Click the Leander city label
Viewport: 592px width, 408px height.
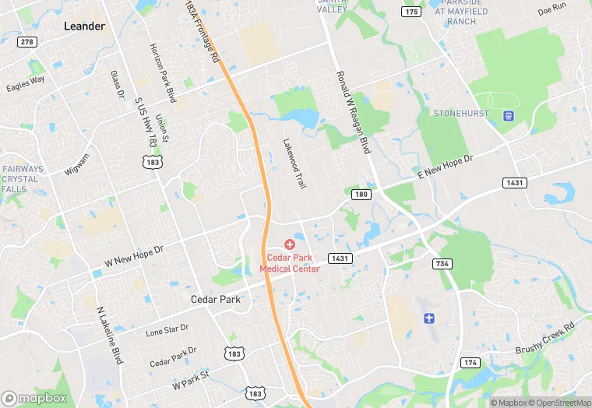tap(83, 26)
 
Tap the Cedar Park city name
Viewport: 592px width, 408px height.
tap(216, 299)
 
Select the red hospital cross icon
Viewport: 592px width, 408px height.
tap(289, 244)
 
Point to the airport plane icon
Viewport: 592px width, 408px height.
tap(428, 318)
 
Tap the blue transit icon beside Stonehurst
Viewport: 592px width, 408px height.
tap(509, 116)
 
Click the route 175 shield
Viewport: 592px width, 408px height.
tap(411, 11)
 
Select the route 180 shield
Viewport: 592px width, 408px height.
tap(360, 194)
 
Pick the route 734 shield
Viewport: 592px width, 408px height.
tap(442, 264)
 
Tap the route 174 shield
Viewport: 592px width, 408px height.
tap(470, 363)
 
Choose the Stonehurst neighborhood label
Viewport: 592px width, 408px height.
tap(462, 114)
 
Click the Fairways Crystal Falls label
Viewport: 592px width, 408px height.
tap(20, 179)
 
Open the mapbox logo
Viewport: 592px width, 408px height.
tap(35, 397)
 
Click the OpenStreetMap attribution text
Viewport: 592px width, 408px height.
tap(558, 403)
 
